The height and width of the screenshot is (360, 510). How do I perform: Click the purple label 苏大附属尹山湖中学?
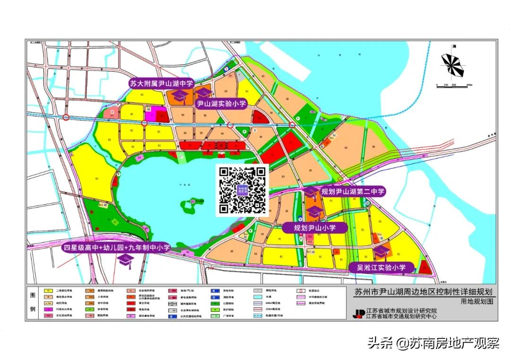click(161, 84)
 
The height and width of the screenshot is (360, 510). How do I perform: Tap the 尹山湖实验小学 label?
click(221, 104)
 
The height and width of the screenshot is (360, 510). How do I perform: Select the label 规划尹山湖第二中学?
click(353, 192)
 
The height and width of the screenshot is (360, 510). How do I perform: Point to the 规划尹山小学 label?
click(314, 227)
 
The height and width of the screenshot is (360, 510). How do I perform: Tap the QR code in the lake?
click(242, 190)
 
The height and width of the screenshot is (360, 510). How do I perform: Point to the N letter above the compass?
click(453, 46)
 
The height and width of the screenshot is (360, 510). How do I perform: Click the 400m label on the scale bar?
click(469, 85)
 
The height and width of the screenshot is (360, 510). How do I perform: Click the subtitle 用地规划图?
click(477, 301)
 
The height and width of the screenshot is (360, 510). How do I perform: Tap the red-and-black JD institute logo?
click(359, 313)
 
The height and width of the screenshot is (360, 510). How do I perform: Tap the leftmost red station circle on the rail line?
click(67, 117)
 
